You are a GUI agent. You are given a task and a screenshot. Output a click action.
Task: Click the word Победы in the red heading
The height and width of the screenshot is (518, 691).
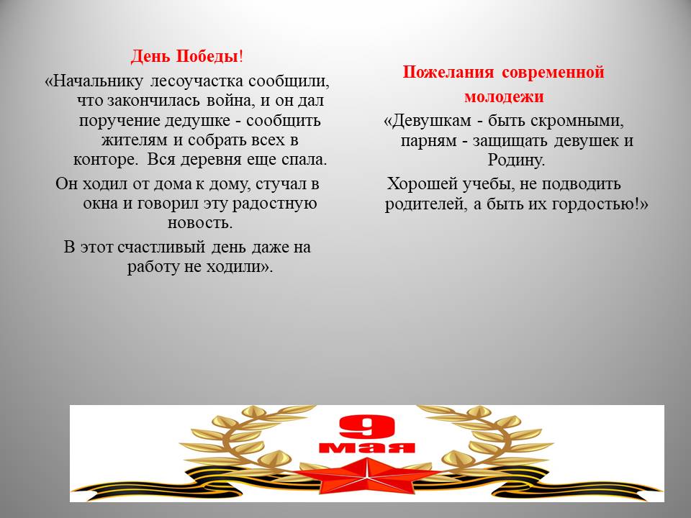click(x=207, y=56)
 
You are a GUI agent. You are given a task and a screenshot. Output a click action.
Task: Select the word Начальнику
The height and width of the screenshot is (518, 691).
click(x=97, y=81)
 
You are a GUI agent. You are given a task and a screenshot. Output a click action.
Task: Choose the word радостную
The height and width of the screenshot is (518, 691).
click(x=274, y=204)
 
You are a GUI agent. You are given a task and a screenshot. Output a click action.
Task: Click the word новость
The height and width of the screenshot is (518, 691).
click(x=200, y=223)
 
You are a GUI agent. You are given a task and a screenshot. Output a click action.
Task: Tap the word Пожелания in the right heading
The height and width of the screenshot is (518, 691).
click(x=448, y=72)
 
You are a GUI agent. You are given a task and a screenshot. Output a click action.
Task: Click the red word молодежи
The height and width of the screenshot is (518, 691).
click(x=504, y=96)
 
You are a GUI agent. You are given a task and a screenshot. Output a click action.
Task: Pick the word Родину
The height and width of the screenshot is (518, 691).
click(x=516, y=160)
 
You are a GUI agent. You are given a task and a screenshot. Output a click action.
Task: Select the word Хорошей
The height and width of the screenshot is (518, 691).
click(x=422, y=184)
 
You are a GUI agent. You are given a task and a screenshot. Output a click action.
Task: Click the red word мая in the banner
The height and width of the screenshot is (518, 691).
click(x=366, y=447)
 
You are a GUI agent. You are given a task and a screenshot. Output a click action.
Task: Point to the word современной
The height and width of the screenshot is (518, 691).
click(x=553, y=72)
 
